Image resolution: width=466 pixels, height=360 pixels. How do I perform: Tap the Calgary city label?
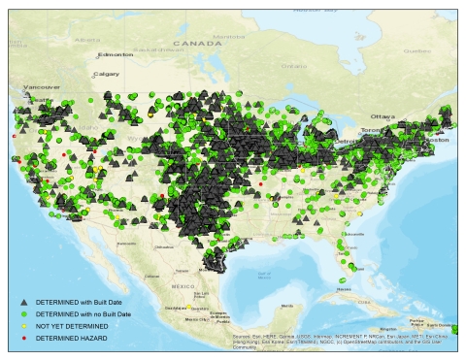[106, 74]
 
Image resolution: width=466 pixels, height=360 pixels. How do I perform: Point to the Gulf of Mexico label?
[264, 276]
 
